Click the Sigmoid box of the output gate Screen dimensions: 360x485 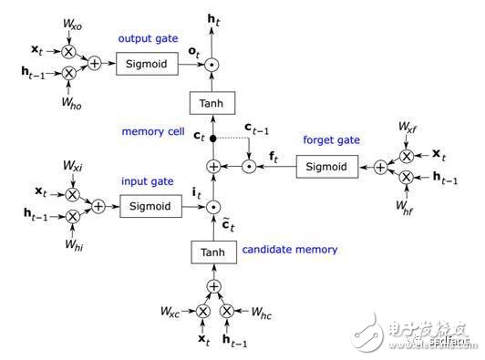click(148, 65)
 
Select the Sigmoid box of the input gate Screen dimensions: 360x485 click(148, 208)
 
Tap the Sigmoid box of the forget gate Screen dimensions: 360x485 click(325, 167)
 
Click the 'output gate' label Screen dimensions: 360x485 click(148, 40)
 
